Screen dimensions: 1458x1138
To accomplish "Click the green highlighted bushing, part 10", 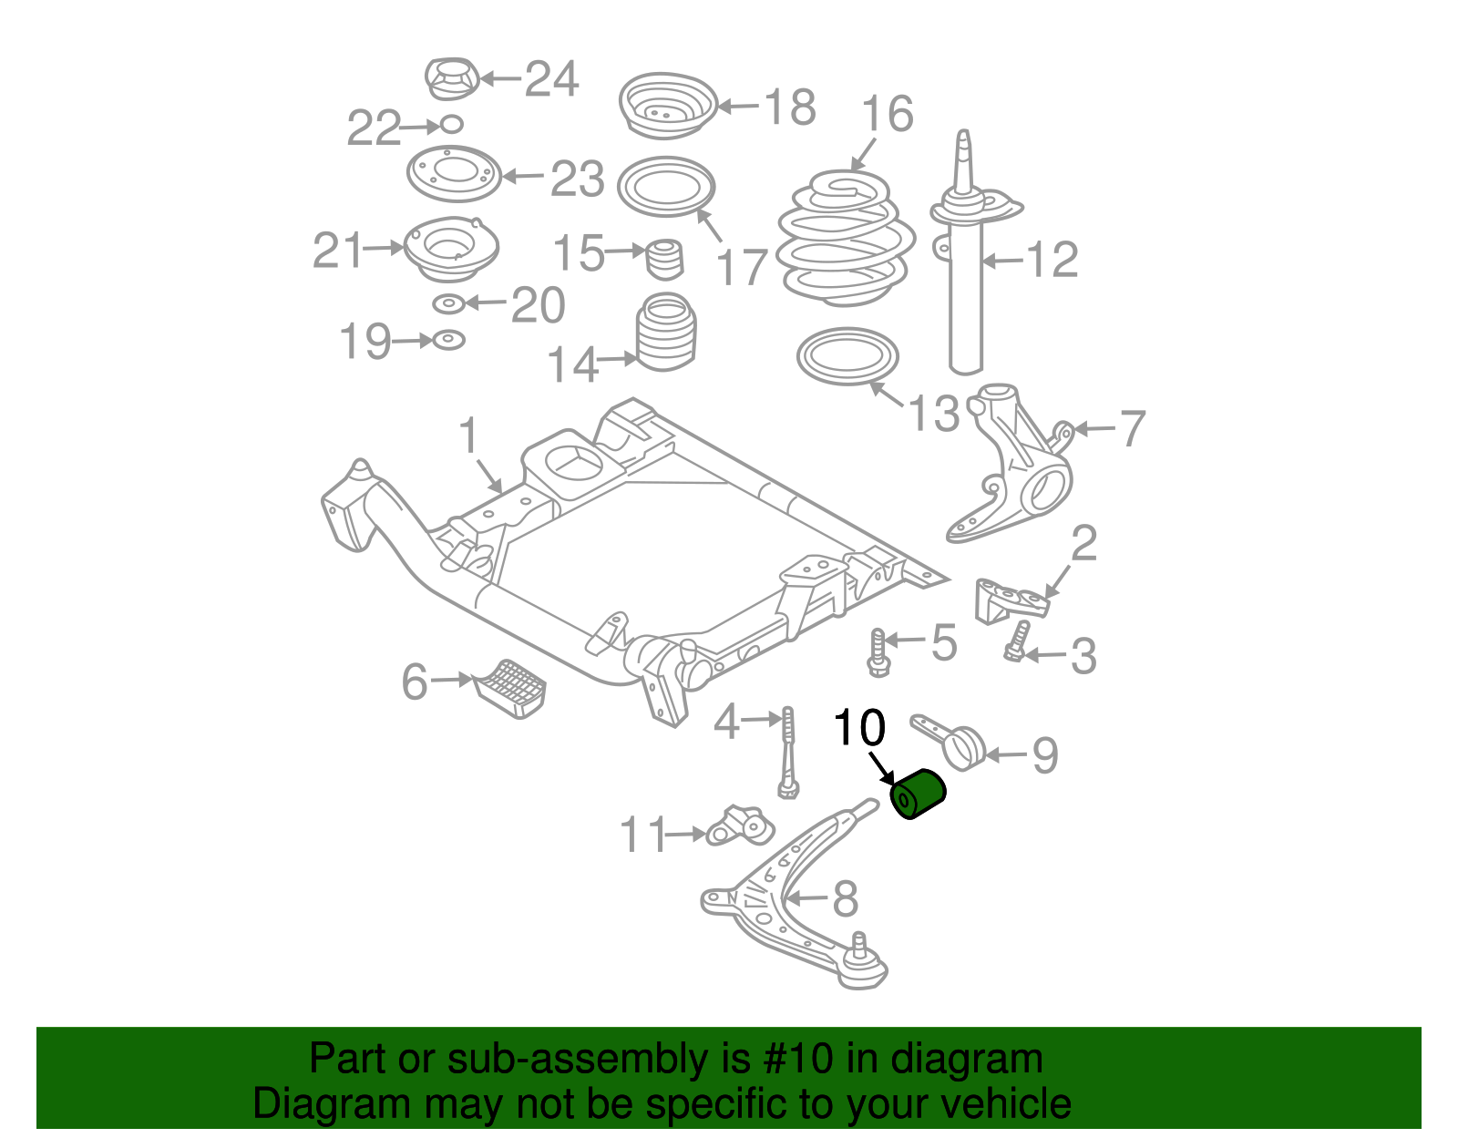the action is coord(918,794).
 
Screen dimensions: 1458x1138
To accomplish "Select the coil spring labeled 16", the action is coord(846,239).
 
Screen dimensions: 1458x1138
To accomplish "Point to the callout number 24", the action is coord(551,78).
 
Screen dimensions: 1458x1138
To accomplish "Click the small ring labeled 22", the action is coord(452,124).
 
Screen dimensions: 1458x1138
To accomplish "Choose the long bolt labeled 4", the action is coord(787,753).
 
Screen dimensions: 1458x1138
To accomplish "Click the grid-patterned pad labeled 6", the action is coord(510,688).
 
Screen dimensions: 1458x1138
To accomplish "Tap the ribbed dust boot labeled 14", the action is coord(665,332).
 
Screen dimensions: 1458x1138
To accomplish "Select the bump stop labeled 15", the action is coord(664,260).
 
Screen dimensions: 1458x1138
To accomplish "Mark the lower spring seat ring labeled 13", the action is coord(847,356).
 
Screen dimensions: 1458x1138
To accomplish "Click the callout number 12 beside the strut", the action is coord(1052,259).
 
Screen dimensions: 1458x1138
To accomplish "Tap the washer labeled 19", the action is coord(449,340).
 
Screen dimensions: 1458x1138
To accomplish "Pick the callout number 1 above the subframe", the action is coord(469,436).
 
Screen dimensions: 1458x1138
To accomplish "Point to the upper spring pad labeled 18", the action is coord(667,106).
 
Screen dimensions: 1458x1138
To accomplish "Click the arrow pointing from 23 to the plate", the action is coord(523,177).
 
